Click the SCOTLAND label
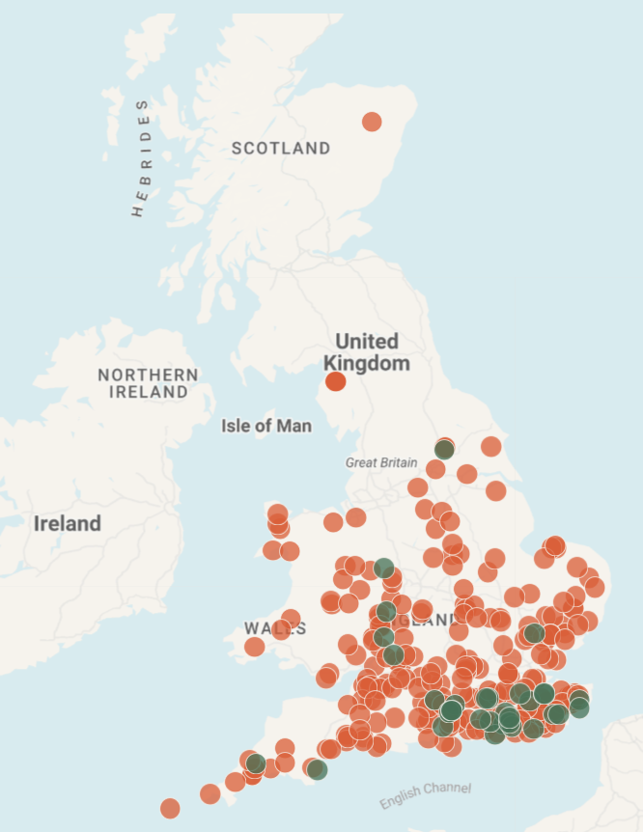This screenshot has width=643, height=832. [x=280, y=149]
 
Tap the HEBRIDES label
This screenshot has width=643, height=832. [x=141, y=158]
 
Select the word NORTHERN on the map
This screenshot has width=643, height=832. [x=149, y=374]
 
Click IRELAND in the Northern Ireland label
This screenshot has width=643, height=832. [x=149, y=392]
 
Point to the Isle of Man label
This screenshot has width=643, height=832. [x=266, y=426]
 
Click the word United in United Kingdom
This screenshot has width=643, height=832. [x=366, y=342]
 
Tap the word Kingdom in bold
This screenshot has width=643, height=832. [x=366, y=364]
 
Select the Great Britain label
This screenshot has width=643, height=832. [x=381, y=463]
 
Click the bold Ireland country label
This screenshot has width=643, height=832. [x=68, y=523]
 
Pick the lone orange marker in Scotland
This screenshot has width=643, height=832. [x=372, y=122]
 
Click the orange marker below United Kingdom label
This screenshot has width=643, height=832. [x=335, y=381]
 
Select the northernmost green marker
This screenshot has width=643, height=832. [x=444, y=450]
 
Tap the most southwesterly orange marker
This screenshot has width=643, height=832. [x=170, y=808]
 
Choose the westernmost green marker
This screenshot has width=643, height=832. [x=255, y=763]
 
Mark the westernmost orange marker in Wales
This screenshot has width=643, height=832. [x=254, y=647]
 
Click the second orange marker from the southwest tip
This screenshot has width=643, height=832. [x=210, y=793]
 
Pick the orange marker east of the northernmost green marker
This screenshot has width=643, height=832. [x=491, y=446]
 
